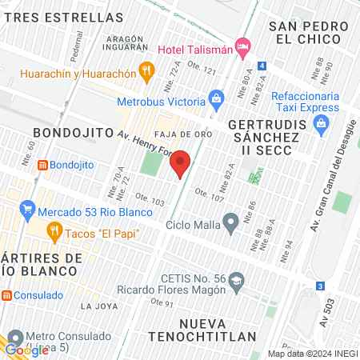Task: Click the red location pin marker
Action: (x=181, y=164)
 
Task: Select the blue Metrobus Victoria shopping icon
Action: (x=215, y=99)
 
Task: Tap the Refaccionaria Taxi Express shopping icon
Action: (x=322, y=123)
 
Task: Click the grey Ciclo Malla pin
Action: (x=231, y=222)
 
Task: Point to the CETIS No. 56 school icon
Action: (x=236, y=281)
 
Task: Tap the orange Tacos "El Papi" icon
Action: (x=54, y=233)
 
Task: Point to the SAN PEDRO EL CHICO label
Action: (x=310, y=34)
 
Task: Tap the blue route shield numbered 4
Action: (x=262, y=66)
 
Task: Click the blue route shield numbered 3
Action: (x=320, y=286)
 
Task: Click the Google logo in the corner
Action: (x=26, y=350)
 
